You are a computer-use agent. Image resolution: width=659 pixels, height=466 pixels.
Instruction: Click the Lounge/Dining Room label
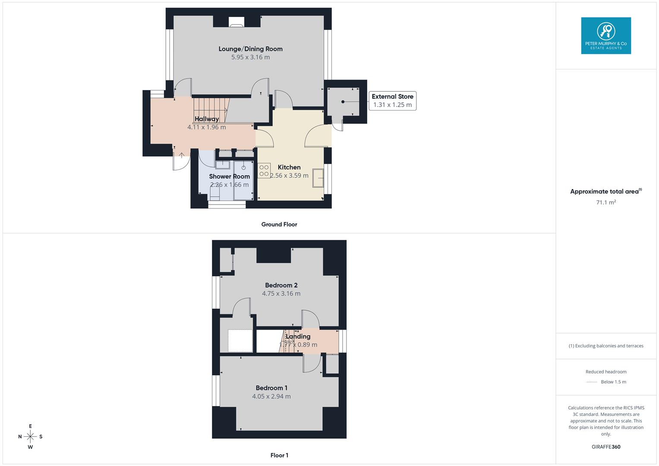coord(250,49)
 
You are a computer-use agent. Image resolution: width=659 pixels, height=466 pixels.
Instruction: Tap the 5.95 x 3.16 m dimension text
coord(250,57)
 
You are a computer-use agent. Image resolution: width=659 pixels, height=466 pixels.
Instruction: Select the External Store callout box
coord(392,101)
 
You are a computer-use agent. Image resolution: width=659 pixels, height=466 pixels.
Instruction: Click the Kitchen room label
coord(289,167)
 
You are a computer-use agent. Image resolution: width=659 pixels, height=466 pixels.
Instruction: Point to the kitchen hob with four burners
coord(264,170)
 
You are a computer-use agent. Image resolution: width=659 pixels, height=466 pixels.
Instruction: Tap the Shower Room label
coord(229,176)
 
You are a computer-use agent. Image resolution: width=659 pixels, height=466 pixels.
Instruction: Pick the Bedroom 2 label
coord(281,285)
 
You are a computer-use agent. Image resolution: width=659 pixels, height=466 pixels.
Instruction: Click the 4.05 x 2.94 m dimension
coord(271,396)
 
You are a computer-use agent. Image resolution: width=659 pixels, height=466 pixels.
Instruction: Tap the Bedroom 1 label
coord(271,388)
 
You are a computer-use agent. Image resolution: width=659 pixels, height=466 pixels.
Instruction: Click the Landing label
coord(298,337)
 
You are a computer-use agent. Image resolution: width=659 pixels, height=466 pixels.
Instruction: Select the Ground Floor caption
coord(279,224)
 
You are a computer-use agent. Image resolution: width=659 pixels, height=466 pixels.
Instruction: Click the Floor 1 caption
coord(279,455)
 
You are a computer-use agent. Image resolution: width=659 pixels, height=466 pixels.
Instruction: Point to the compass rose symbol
coord(30,437)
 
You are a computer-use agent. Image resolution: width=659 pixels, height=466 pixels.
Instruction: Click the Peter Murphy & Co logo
coord(606,36)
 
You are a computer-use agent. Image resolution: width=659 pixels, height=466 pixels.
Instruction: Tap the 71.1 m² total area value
coord(606,202)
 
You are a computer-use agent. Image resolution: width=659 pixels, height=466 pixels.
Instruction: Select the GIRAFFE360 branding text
coord(606,447)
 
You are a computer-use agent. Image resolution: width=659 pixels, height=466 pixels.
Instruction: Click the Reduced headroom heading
coord(606,372)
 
